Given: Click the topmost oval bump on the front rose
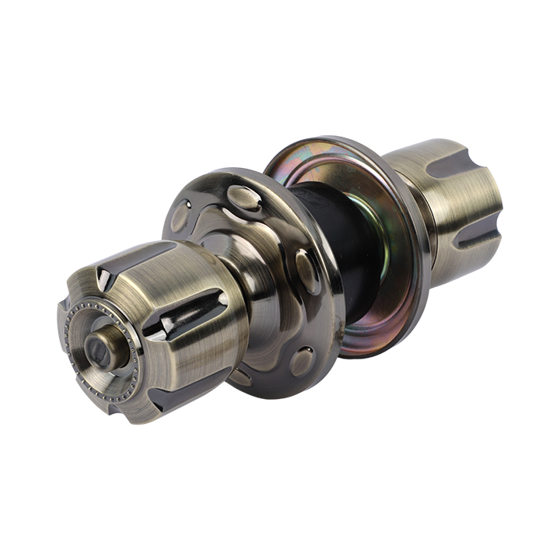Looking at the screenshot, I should tap(244, 198).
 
